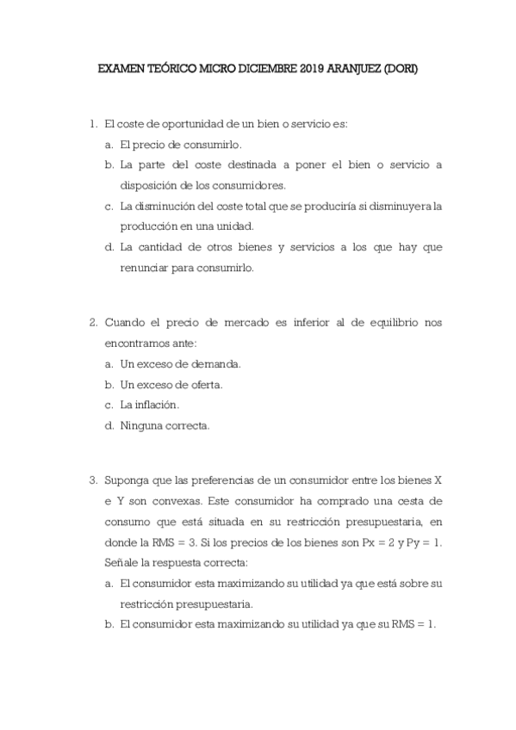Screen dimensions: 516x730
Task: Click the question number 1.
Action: (92, 124)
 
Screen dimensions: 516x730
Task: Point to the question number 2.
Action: (92, 323)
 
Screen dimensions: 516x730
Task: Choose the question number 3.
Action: (92, 479)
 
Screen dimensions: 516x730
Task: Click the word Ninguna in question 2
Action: (142, 425)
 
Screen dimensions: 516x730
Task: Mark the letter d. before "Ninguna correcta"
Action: (109, 425)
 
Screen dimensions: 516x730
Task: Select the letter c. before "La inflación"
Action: (109, 405)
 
